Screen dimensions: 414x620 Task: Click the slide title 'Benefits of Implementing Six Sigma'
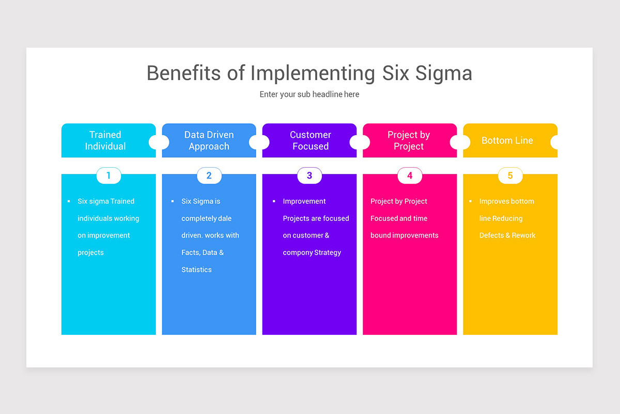(309, 73)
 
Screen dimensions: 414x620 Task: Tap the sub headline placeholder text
(309, 94)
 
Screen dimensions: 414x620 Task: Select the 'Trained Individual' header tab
(106, 140)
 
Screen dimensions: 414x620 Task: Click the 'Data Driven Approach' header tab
(209, 140)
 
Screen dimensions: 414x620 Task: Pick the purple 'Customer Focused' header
(310, 140)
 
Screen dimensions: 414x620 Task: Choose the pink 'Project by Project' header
(409, 140)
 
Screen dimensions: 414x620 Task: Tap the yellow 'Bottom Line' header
(507, 140)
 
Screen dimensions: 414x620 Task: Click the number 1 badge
(109, 175)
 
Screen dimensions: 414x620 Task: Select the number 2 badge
(209, 175)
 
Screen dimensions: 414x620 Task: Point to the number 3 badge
(309, 175)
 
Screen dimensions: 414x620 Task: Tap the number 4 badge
(410, 175)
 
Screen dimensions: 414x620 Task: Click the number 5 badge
(510, 175)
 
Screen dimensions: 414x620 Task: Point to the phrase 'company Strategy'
(312, 253)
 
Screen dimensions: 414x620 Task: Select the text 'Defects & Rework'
(507, 235)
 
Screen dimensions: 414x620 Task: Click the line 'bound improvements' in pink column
(404, 235)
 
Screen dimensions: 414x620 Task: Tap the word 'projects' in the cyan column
(90, 253)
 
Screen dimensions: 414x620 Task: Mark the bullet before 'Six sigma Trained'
(69, 201)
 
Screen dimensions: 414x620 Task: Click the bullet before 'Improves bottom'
(470, 201)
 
